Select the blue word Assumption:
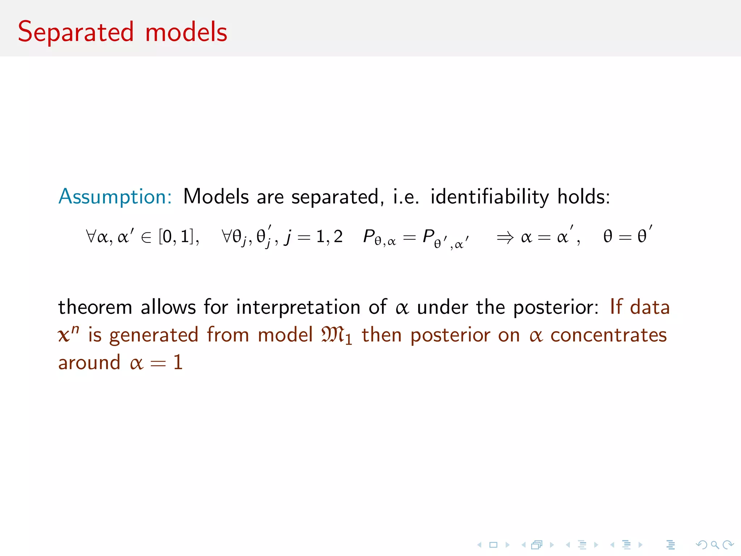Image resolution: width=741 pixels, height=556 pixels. (115, 197)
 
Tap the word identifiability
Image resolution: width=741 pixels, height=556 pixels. (490, 197)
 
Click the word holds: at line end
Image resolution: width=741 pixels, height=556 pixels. (583, 197)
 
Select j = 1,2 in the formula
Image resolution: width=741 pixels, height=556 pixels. (313, 237)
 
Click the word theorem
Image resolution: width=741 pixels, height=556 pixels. (95, 308)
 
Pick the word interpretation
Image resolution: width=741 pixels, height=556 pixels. (298, 308)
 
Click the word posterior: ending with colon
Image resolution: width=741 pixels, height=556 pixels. (556, 308)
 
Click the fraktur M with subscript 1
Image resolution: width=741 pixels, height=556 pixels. (336, 336)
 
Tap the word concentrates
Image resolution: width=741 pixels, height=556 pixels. (608, 336)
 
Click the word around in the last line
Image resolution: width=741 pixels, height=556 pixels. (89, 363)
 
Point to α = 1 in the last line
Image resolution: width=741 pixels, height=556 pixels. (156, 363)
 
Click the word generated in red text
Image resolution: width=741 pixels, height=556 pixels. (154, 336)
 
